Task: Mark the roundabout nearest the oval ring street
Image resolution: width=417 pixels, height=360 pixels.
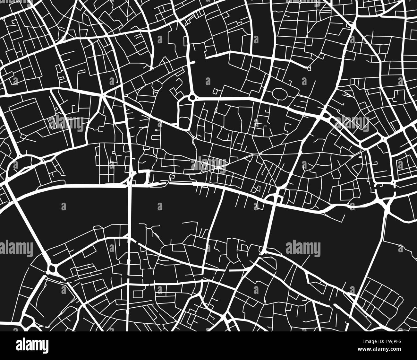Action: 192,97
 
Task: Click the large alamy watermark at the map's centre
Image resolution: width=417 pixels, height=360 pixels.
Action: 208,165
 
